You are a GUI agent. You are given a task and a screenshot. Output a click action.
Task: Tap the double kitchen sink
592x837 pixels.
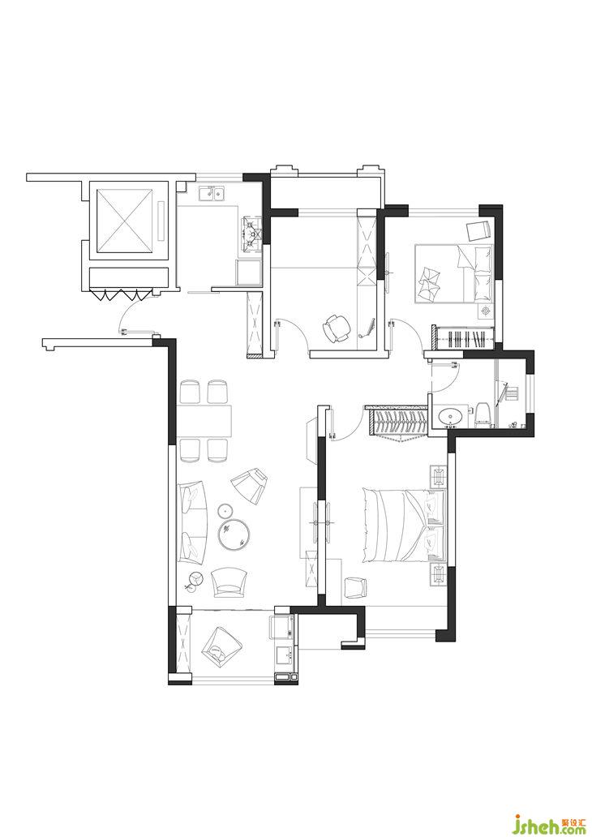pos(212,193)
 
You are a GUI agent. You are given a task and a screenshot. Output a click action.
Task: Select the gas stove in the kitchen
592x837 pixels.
pos(251,234)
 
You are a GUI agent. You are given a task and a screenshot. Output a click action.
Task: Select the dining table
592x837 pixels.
pos(205,421)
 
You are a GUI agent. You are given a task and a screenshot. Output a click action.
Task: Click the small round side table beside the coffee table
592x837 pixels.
pos(226,512)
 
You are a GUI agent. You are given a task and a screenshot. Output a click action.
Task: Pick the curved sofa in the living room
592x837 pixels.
pos(193,522)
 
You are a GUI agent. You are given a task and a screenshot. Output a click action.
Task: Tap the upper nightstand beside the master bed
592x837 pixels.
pos(438,476)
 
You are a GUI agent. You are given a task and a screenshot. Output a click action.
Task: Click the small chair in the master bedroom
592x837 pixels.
pos(355,587)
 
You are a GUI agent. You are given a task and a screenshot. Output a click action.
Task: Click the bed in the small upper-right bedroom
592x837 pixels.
pos(454,273)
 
